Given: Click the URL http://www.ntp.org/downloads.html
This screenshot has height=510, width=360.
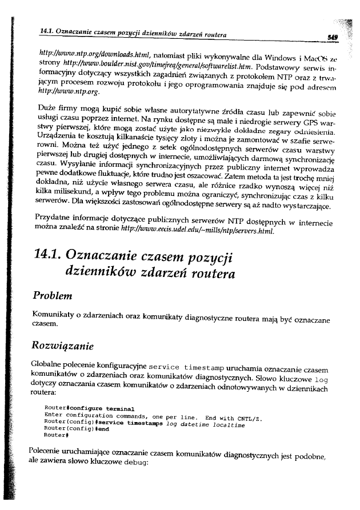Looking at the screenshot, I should (95, 54).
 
